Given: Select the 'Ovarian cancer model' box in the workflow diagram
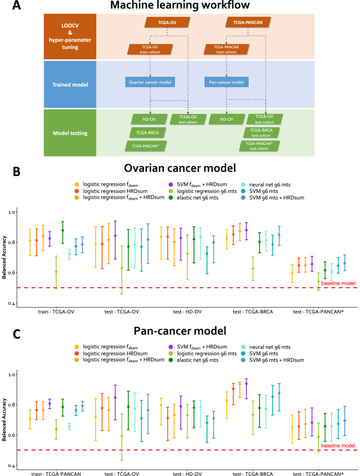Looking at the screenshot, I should click(x=150, y=82).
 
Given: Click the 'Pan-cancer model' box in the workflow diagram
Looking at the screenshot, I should click(x=226, y=82).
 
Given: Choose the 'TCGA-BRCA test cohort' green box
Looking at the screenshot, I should click(x=261, y=131).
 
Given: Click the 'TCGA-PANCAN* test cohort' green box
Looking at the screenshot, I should click(x=260, y=146).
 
